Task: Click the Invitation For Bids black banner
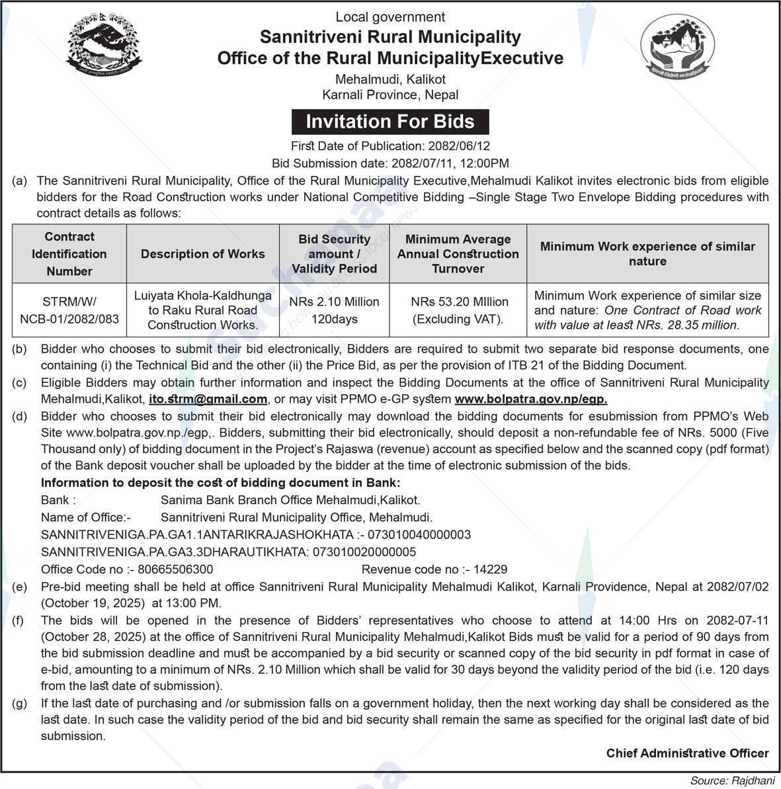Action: pos(390,122)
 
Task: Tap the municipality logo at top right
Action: pos(677,48)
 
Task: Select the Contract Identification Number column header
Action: pos(69,254)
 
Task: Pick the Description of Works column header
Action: pos(202,254)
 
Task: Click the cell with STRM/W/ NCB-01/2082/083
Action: pos(69,310)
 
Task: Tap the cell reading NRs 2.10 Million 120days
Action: pos(334,310)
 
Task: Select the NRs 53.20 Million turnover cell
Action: pos(459,310)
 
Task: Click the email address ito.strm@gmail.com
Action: pos(208,399)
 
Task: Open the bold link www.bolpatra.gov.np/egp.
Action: pos(531,399)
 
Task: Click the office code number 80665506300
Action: pos(175,569)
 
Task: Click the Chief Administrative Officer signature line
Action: pos(687,753)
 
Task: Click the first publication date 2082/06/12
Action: pos(459,146)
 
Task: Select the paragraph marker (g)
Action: pos(20,704)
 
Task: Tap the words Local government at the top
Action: pos(390,17)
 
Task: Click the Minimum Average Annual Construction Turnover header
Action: pos(458,254)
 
